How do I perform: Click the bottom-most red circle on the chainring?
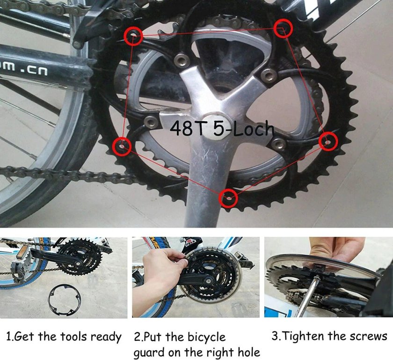click(x=228, y=198)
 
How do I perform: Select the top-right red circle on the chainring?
click(x=283, y=29)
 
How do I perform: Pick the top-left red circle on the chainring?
click(x=134, y=36)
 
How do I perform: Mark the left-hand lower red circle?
click(x=122, y=146)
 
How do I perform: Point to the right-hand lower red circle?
click(x=328, y=142)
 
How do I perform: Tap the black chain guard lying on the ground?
click(x=65, y=298)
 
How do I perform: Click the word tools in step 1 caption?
click(x=72, y=337)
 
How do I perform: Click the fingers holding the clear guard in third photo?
click(x=337, y=249)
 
